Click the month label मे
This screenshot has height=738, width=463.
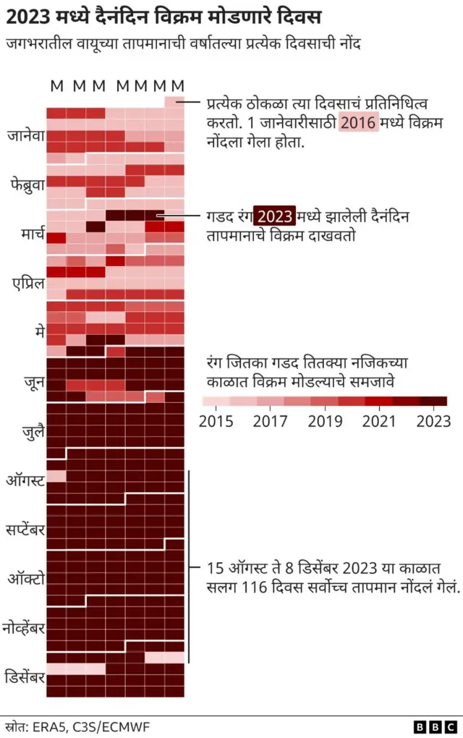38,331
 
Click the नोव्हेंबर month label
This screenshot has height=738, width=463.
25,627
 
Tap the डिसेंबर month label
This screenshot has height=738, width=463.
25,677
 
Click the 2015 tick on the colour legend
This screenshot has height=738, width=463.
216,421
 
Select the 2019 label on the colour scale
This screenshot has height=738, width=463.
325,421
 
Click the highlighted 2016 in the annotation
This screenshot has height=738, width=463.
358,122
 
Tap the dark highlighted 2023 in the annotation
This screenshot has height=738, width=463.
275,216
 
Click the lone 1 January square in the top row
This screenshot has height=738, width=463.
174,102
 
